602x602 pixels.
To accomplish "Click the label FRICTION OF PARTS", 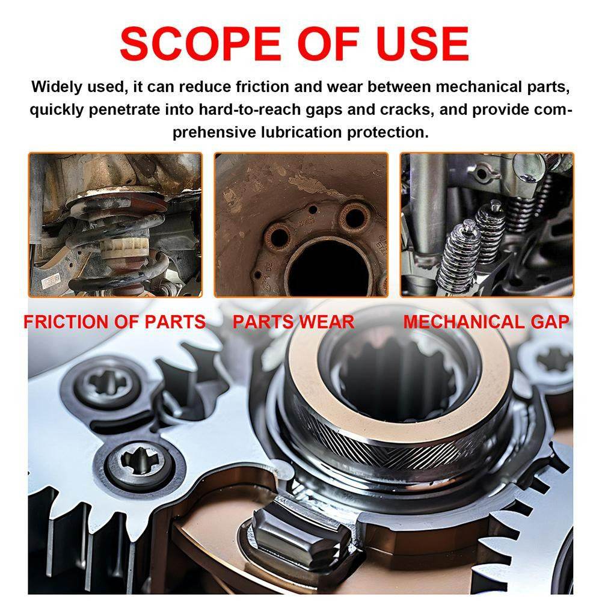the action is point(114,322).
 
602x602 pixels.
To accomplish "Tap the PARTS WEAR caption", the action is point(293,322).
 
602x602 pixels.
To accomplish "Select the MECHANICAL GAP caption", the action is point(486,322).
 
